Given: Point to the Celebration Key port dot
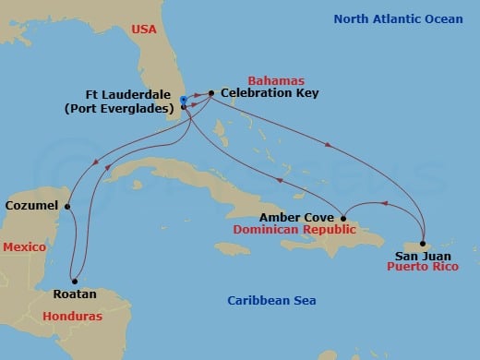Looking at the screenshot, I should click(211, 93).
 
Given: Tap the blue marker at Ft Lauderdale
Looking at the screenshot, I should click(185, 100).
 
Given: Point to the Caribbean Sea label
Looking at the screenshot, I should click(272, 300).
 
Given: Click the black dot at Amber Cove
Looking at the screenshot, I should click(343, 218).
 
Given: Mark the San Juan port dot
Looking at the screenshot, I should click(424, 244).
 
